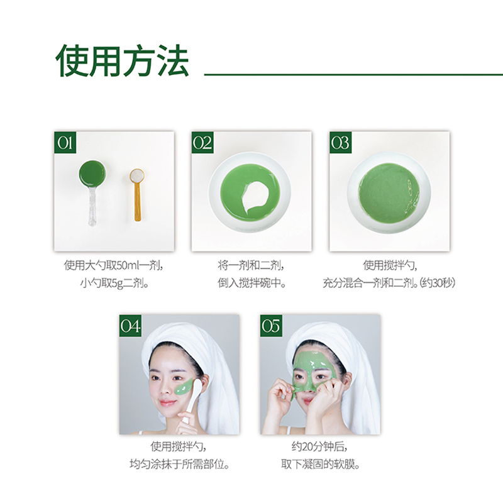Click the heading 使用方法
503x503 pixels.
point(122,60)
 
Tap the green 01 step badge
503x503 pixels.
point(65,143)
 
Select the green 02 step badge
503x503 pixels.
point(202,143)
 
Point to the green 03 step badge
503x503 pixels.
point(340,143)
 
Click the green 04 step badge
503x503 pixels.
point(131,326)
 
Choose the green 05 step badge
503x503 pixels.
point(271,326)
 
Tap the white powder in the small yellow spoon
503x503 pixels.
point(137,176)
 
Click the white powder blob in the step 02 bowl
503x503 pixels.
point(257,197)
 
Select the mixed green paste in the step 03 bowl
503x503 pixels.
point(389,193)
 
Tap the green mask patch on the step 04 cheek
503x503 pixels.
point(184,387)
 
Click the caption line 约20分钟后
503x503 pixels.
point(319,446)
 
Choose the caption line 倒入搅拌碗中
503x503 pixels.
point(252,284)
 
